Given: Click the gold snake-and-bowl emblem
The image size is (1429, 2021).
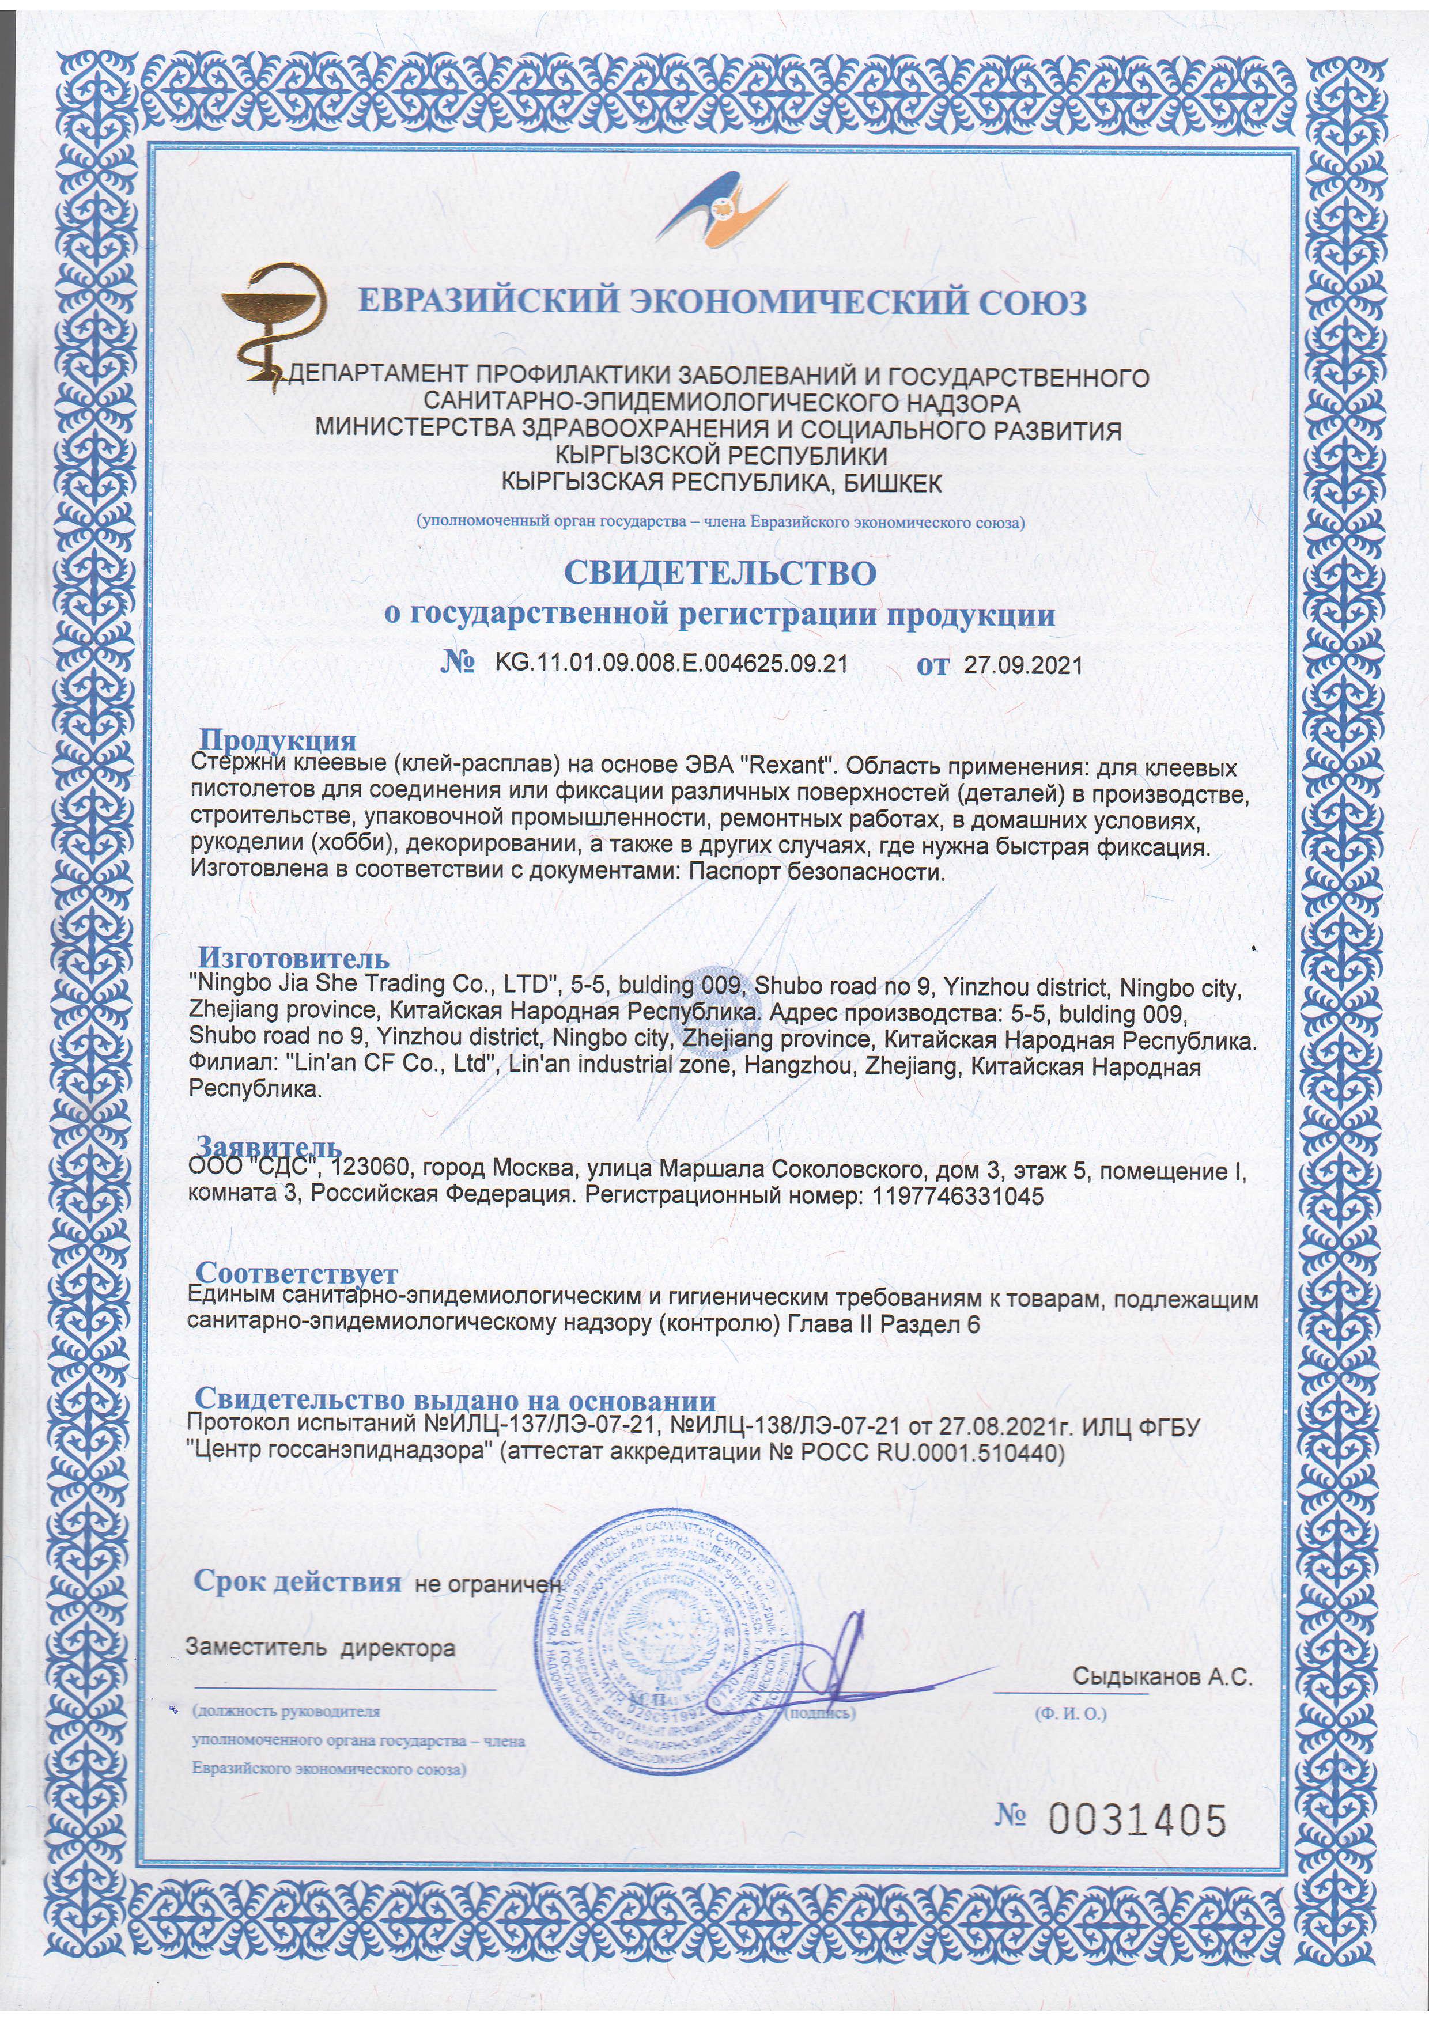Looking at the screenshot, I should click(x=273, y=322).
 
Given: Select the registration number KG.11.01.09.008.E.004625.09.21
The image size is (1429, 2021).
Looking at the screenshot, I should click(x=671, y=664).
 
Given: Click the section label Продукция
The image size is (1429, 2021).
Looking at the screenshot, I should click(x=277, y=740).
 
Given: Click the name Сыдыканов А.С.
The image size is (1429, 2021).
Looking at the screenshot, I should click(x=1162, y=1678).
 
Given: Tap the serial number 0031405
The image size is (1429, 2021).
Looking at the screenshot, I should click(x=1135, y=1821).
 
